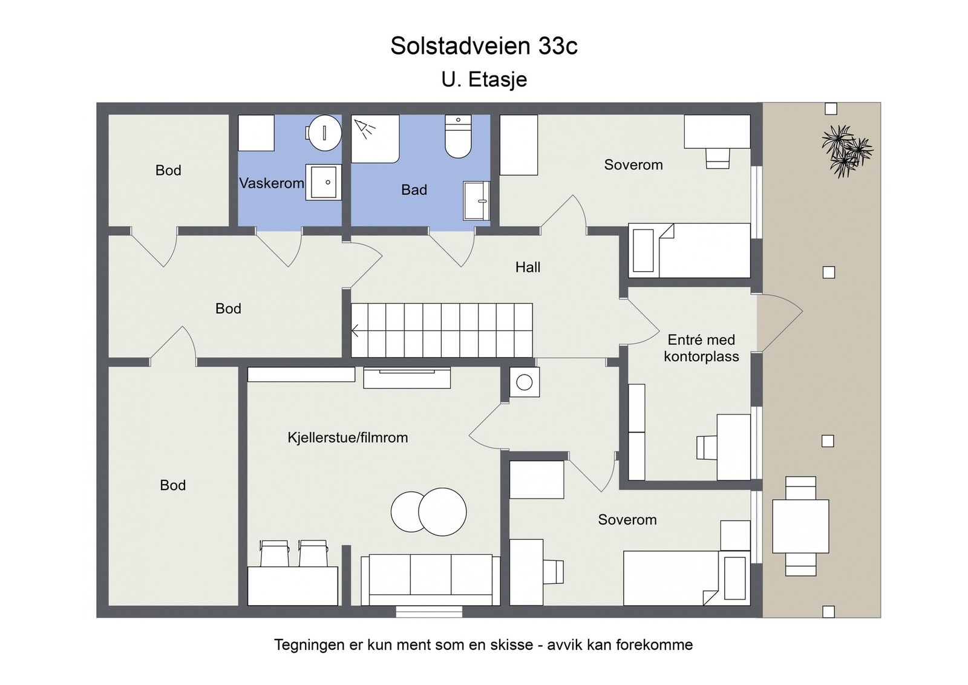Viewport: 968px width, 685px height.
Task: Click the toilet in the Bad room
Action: pyautogui.click(x=458, y=137)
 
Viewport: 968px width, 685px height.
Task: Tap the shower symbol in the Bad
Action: pyautogui.click(x=365, y=128)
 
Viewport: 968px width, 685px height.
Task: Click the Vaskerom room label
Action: pyautogui.click(x=271, y=183)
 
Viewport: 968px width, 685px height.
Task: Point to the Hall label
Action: pyautogui.click(x=528, y=267)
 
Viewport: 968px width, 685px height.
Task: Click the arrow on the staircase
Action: pyautogui.click(x=356, y=331)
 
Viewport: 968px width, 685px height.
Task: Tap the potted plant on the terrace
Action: pyautogui.click(x=846, y=150)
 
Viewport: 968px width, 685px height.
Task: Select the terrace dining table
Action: pyautogui.click(x=800, y=526)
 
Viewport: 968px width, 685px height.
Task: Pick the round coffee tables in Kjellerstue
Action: pyautogui.click(x=429, y=512)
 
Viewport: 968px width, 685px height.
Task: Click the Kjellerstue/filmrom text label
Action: pyautogui.click(x=347, y=438)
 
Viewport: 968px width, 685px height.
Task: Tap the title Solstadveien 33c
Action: pyautogui.click(x=483, y=46)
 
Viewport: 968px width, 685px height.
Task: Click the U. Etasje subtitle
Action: pyautogui.click(x=483, y=79)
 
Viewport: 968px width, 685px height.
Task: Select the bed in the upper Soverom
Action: pyautogui.click(x=690, y=251)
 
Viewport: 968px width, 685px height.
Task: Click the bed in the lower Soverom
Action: pyautogui.click(x=687, y=578)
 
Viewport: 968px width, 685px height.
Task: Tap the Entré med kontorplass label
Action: pyautogui.click(x=701, y=348)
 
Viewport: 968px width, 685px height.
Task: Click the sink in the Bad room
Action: pyautogui.click(x=477, y=200)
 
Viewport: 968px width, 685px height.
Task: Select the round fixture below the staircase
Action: pyautogui.click(x=524, y=382)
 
